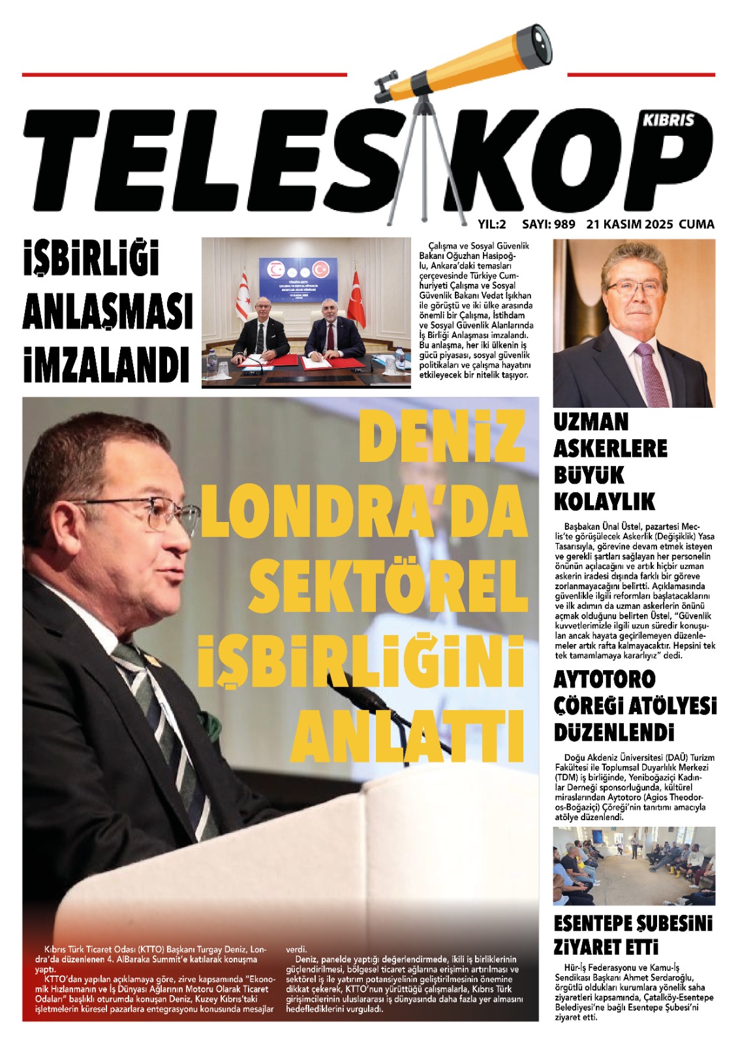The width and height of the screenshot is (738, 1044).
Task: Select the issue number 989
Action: click(x=564, y=224)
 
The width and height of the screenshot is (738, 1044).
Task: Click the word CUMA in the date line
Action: click(x=696, y=224)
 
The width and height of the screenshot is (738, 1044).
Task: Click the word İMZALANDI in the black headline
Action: click(x=106, y=363)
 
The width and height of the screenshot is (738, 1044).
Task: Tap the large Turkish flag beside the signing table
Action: click(x=356, y=301)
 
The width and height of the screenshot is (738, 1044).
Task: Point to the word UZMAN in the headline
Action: click(x=591, y=422)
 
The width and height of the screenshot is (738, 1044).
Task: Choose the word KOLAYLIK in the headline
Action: click(x=604, y=501)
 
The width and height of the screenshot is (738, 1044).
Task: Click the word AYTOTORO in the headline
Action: click(x=604, y=679)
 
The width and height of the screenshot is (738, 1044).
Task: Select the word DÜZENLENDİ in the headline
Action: click(x=614, y=732)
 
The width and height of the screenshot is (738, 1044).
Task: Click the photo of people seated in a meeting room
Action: click(x=634, y=865)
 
